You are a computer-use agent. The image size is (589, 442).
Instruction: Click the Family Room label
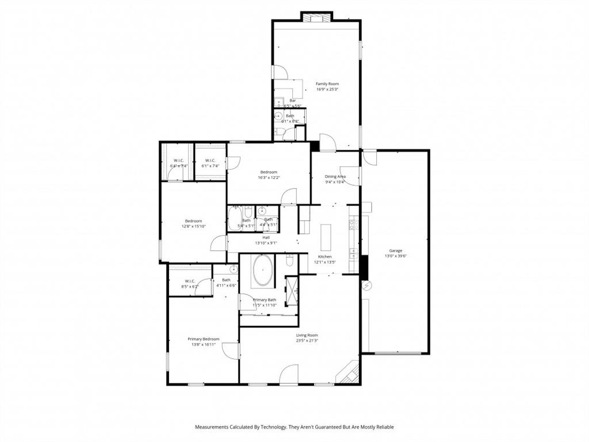click(327, 84)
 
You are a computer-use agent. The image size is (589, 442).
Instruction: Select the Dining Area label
click(335, 177)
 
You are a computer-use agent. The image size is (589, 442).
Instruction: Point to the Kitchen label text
click(325, 257)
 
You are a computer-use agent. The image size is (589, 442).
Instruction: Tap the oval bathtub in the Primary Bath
click(264, 270)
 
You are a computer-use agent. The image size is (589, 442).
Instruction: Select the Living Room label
click(307, 335)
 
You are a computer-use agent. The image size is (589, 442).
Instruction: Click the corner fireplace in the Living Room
click(350, 372)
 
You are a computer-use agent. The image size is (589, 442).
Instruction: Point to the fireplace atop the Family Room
click(317, 17)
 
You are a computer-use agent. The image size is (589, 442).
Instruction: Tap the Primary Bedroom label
click(203, 339)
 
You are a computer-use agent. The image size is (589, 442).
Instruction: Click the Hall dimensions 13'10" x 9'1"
click(266, 243)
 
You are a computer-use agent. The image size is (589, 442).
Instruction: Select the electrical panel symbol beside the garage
click(365, 285)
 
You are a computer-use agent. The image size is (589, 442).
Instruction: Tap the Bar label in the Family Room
click(292, 101)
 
